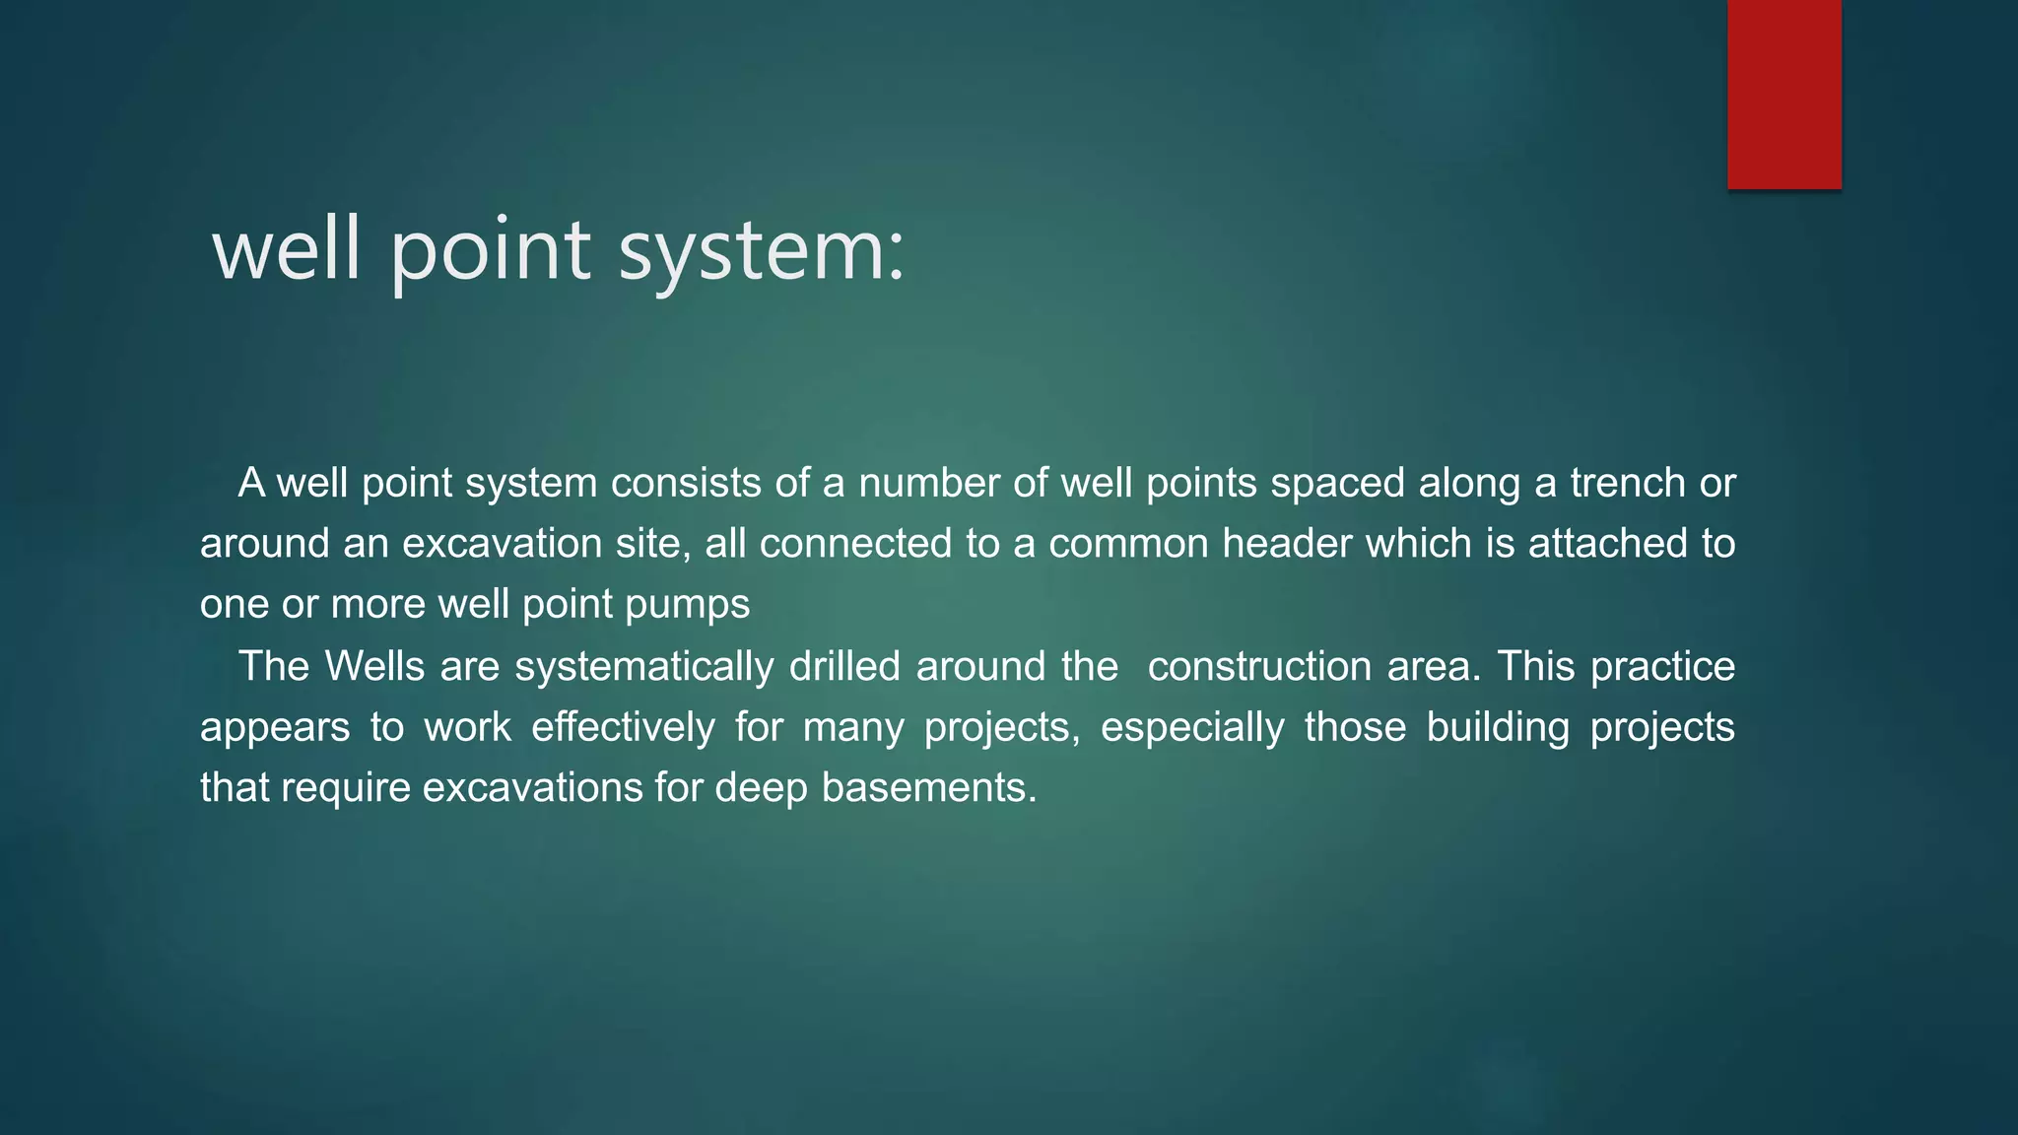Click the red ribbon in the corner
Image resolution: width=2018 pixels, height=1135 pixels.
click(1783, 94)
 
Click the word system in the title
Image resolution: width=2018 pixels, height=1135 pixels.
click(760, 251)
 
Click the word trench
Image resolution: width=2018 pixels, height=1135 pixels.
click(1628, 483)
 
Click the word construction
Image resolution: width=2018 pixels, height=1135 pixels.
click(1259, 667)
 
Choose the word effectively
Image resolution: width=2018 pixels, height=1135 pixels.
click(623, 728)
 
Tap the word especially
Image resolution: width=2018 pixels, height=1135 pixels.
click(1192, 728)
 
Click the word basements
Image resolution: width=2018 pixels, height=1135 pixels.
click(928, 788)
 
